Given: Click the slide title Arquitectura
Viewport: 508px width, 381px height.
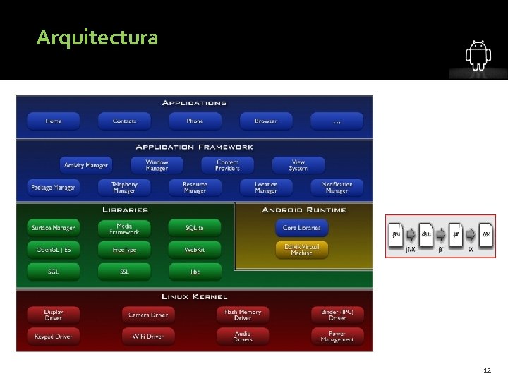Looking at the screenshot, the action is (97, 37).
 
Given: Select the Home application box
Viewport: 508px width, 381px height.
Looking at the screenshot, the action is (54, 121).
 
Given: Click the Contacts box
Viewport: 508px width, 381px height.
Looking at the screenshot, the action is (124, 121).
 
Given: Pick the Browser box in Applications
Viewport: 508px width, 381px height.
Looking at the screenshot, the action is (266, 121).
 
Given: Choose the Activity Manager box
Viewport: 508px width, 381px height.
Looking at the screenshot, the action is (86, 165).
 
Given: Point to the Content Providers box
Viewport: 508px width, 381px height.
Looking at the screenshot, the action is (227, 165).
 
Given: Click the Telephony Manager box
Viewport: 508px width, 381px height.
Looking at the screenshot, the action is (124, 188).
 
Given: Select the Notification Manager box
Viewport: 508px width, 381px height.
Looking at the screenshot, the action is (337, 188).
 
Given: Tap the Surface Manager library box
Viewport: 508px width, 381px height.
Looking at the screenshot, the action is (54, 228).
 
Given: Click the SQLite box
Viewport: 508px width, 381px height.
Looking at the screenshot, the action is (195, 228).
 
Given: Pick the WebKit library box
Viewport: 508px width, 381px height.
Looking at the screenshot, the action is (195, 250).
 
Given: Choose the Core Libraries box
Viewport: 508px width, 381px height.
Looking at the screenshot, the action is (301, 228).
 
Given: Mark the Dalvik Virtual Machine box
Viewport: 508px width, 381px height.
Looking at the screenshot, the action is (301, 249).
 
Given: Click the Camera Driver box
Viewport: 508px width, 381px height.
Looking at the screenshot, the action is (148, 315).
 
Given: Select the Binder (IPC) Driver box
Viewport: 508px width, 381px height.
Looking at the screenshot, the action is (337, 315).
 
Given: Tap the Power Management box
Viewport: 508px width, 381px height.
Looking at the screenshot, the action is (337, 337).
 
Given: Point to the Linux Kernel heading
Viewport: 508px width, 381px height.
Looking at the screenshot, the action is (195, 297).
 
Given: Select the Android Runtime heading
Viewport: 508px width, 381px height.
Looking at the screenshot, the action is (304, 210).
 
